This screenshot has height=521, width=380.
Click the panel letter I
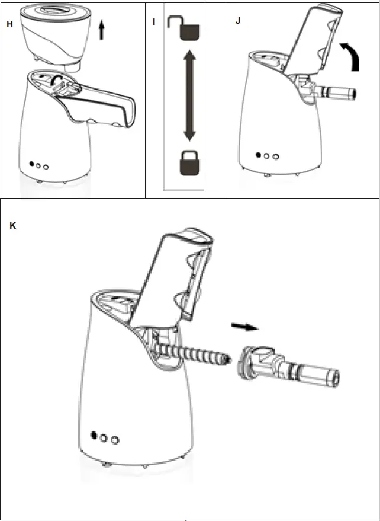click(154, 22)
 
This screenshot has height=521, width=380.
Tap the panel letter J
click(238, 22)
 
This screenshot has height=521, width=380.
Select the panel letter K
click(14, 226)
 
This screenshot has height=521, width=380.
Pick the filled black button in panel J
click(257, 155)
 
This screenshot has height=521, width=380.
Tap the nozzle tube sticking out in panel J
click(335, 92)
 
